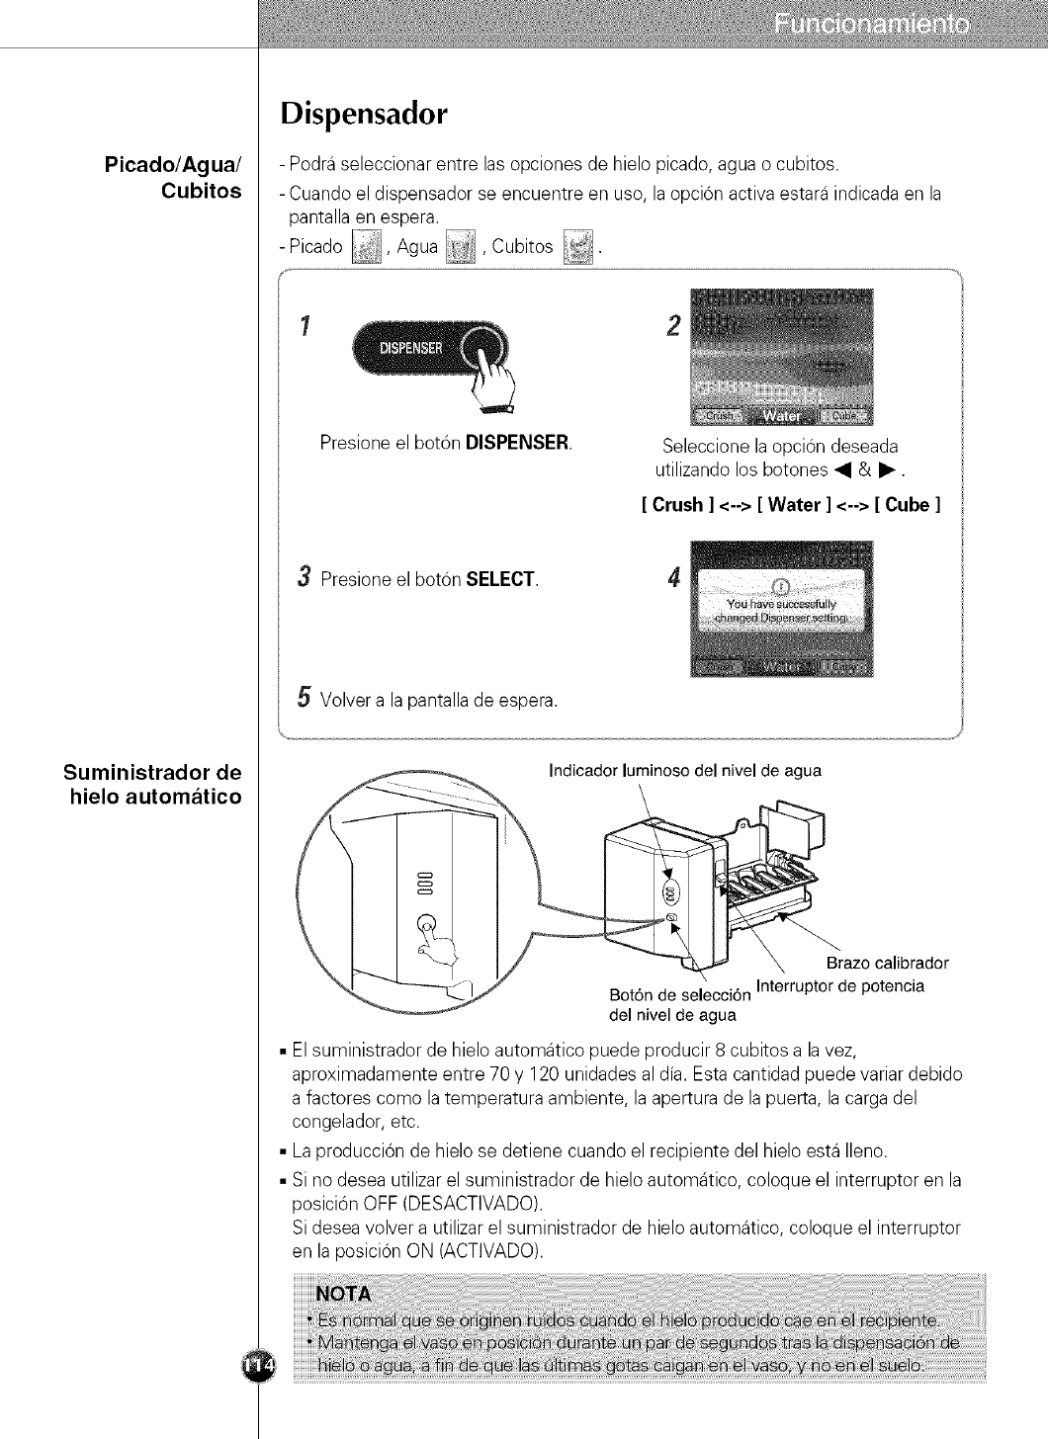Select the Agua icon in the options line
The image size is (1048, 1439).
pos(461,246)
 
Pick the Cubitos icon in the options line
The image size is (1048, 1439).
pos(576,246)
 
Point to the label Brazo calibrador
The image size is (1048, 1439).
pos(887,963)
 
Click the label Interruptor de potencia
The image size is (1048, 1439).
pos(839,986)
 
